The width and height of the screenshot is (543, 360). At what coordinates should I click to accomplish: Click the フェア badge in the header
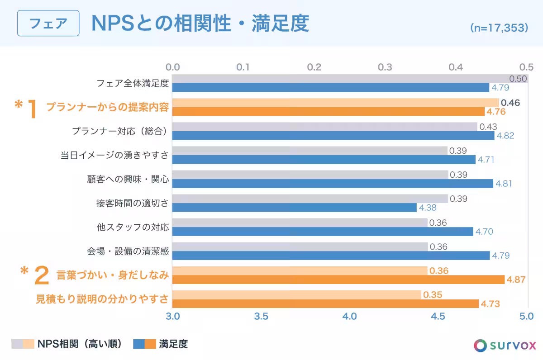click(x=48, y=23)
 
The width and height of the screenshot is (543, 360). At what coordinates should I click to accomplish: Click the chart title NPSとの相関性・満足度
click(x=200, y=24)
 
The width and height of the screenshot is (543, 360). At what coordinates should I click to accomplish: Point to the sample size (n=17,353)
click(x=499, y=28)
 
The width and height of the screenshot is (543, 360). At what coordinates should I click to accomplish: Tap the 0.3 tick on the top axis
click(x=385, y=67)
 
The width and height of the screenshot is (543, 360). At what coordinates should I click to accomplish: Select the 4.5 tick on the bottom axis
click(x=438, y=316)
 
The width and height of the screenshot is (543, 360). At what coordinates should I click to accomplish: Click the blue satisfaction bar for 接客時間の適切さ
click(x=294, y=208)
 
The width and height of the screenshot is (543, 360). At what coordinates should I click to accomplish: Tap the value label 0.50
click(x=518, y=79)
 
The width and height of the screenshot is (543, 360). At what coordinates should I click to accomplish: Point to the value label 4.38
click(x=428, y=208)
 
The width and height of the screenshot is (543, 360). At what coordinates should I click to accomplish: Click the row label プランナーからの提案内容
click(x=107, y=107)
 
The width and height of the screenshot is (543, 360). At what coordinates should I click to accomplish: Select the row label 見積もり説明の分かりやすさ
click(x=102, y=299)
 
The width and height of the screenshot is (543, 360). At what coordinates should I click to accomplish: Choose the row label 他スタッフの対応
click(x=133, y=227)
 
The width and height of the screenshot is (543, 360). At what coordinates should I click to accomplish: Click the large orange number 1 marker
click(x=33, y=109)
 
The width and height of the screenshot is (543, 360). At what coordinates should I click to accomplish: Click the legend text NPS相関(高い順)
click(x=80, y=344)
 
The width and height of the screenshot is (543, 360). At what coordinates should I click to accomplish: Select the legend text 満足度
click(x=173, y=344)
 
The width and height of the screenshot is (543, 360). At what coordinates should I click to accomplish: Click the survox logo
click(x=505, y=346)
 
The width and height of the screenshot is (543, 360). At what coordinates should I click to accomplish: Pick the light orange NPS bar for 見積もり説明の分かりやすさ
click(x=296, y=295)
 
